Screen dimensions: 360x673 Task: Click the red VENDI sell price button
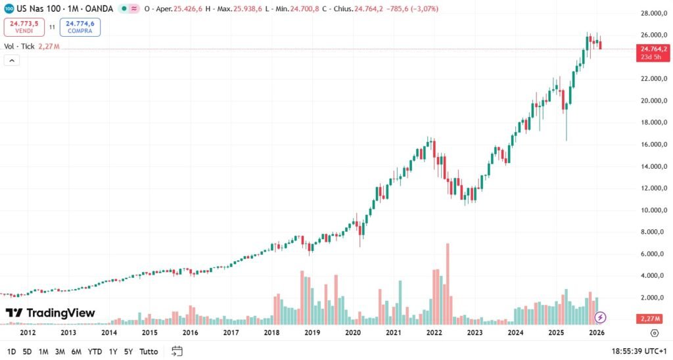pyautogui.click(x=24, y=27)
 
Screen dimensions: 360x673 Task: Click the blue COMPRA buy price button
pyautogui.click(x=80, y=27)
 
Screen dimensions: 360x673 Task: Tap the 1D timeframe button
pyautogui.click(x=11, y=351)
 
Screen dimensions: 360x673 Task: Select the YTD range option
pyautogui.click(x=95, y=351)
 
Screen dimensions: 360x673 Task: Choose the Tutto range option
pyautogui.click(x=149, y=351)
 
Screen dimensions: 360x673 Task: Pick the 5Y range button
pyautogui.click(x=128, y=351)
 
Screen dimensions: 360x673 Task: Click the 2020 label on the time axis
pyautogui.click(x=353, y=333)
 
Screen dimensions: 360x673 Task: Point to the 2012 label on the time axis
pyautogui.click(x=28, y=333)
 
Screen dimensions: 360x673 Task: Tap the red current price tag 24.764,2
pyautogui.click(x=651, y=49)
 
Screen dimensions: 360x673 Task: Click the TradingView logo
pyautogui.click(x=51, y=313)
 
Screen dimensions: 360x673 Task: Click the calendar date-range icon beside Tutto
pyautogui.click(x=176, y=351)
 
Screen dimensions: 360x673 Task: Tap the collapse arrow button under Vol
pyautogui.click(x=12, y=60)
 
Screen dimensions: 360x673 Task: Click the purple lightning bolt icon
pyautogui.click(x=600, y=318)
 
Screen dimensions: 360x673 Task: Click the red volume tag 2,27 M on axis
pyautogui.click(x=651, y=319)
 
